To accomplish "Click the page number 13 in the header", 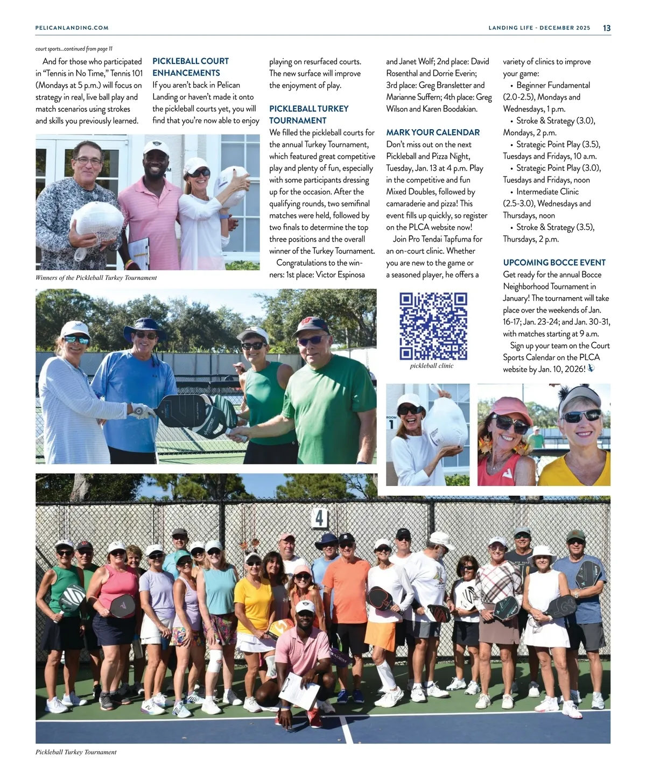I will click(607, 28).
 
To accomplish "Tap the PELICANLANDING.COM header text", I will click(72, 28).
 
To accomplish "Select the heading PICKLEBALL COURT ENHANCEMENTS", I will click(190, 67).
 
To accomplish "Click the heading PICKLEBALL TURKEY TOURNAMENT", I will click(308, 115).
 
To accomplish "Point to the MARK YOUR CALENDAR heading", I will click(433, 132).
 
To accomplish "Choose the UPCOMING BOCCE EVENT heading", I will click(554, 263).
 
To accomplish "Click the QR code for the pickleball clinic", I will click(433, 326).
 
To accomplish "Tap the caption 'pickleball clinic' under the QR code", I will click(432, 366).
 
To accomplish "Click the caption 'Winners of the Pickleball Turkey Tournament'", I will click(96, 278).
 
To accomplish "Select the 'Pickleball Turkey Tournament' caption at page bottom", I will click(76, 752).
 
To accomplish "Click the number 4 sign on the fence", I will click(319, 518).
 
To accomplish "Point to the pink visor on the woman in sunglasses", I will click(503, 405).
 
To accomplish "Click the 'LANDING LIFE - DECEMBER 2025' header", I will click(539, 28).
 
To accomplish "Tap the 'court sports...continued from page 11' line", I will click(74, 49).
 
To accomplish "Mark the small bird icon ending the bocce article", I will click(591, 369).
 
